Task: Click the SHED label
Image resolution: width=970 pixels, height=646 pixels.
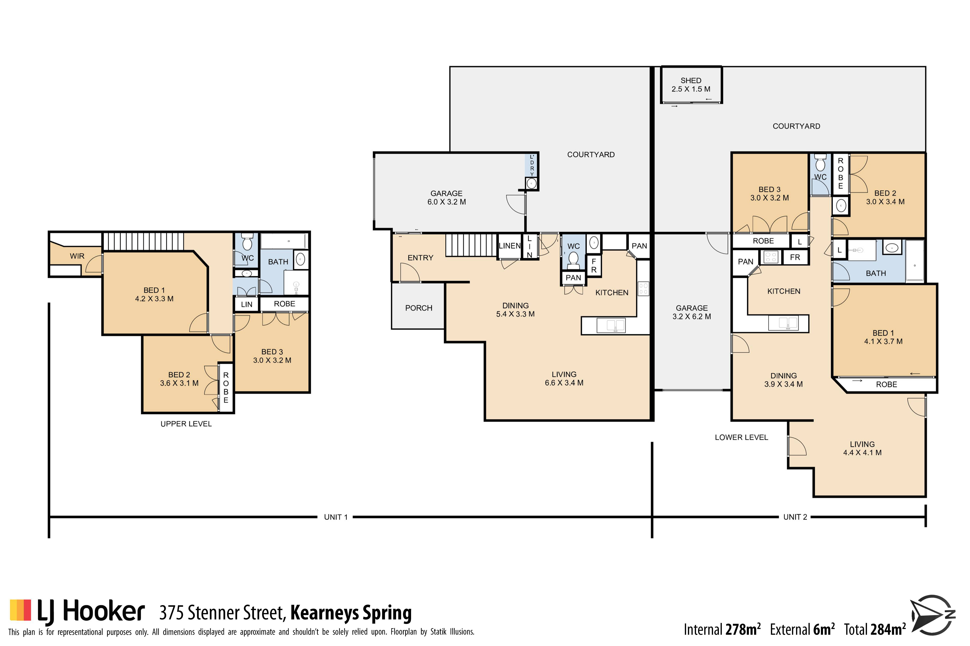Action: point(691,80)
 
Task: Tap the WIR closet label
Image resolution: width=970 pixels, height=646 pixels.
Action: point(77,256)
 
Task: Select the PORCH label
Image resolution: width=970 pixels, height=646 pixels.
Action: point(419,308)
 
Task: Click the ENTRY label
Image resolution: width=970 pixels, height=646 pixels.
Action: point(420,258)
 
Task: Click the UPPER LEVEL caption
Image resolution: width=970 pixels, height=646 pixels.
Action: point(186,424)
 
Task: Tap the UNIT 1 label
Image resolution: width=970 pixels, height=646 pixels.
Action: point(336,517)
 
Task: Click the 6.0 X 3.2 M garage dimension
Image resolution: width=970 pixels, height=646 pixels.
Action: point(447,202)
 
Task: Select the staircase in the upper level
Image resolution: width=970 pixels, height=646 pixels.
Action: point(143,241)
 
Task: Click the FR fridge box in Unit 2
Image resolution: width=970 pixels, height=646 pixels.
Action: point(795,257)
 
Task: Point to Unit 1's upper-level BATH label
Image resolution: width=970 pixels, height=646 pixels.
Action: point(278,262)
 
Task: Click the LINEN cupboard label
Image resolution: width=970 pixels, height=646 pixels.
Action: point(510,246)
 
